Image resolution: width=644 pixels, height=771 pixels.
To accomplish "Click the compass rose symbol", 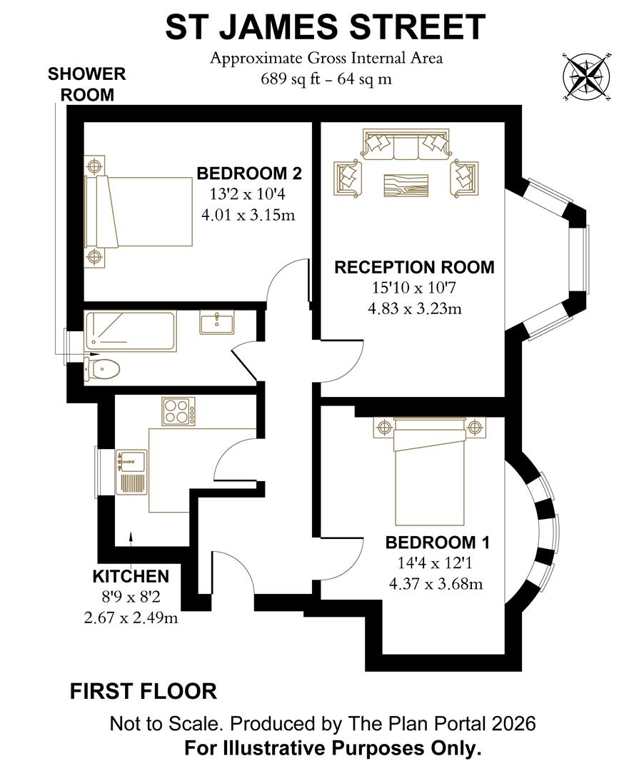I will [x=587, y=76].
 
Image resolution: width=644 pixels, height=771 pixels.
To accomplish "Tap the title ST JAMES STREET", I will [x=326, y=29].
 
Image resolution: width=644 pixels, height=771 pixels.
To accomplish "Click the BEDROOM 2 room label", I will [x=249, y=173].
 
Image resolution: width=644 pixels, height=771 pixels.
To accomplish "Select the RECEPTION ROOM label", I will [x=414, y=268].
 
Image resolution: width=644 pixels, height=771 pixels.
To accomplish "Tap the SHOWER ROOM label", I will [x=86, y=84].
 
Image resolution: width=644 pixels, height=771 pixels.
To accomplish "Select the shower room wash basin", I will [x=216, y=323].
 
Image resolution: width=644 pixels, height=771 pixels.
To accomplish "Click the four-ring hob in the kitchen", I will [x=179, y=412].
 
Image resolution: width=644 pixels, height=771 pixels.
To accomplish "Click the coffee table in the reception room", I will [x=406, y=184].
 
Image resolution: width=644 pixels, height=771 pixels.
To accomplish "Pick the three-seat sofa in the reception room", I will [x=405, y=146].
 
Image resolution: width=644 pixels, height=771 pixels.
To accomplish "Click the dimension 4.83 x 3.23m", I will [x=414, y=309].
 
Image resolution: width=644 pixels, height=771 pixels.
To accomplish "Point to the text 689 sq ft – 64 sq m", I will [x=326, y=79].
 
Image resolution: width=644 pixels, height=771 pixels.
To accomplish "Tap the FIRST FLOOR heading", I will [x=143, y=691].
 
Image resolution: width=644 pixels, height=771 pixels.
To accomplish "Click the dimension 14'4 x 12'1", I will [x=436, y=563].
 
